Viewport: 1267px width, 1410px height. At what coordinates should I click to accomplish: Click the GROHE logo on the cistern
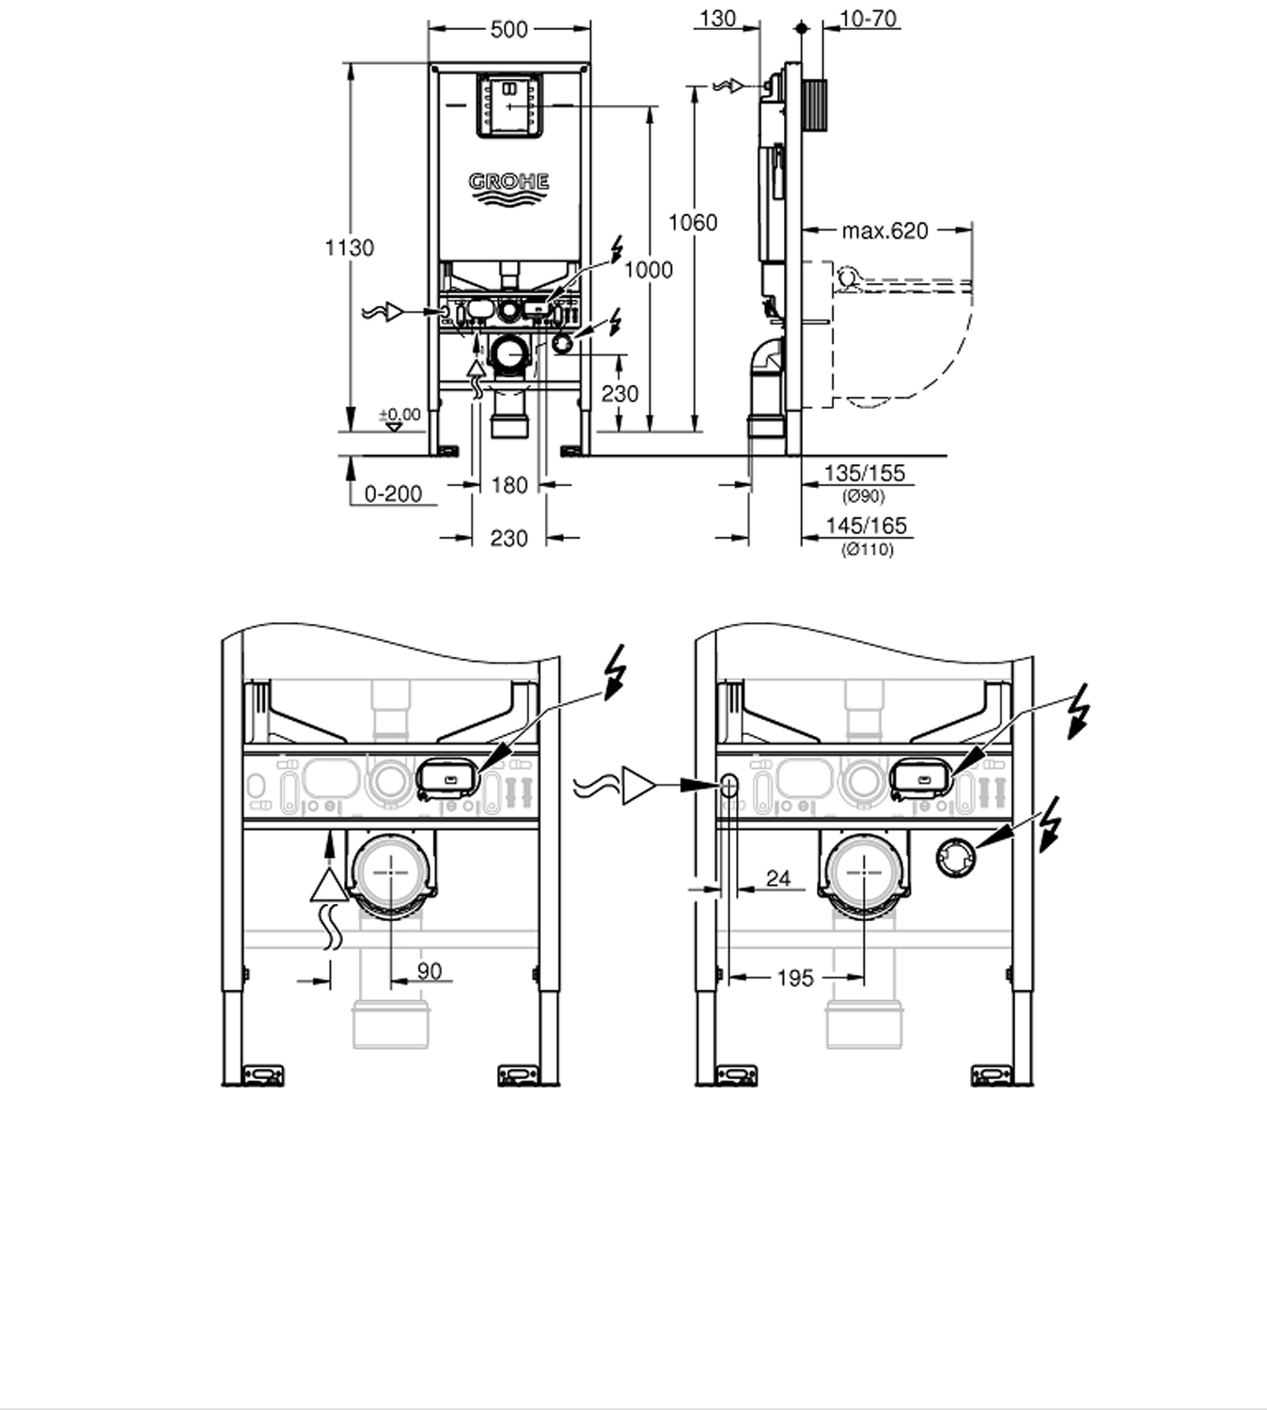pos(508,188)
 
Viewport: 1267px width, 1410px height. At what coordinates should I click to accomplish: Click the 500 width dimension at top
pos(509,29)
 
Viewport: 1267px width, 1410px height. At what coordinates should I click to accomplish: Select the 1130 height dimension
pos(349,247)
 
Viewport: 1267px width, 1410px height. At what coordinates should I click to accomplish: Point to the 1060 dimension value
pos(693,223)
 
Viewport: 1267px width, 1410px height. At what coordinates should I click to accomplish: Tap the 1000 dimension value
pos(649,270)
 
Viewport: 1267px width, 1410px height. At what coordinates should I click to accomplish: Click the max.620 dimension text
pos(885,230)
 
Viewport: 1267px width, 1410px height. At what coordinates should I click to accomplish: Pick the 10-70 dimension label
pos(868,18)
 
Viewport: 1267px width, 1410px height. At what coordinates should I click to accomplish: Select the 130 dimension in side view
pos(718,18)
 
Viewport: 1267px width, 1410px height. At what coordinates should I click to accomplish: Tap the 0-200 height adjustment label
pos(393,494)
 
